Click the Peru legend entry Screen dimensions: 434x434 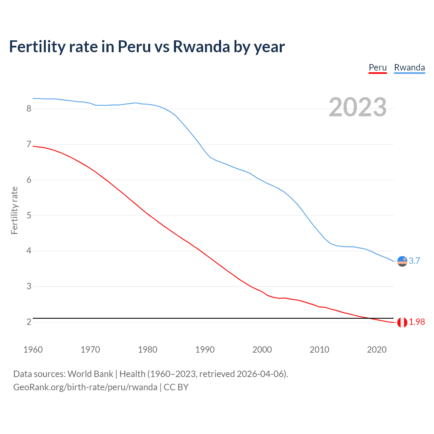[377, 67]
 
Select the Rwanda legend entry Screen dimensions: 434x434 [409, 67]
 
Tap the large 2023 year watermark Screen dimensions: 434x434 [357, 107]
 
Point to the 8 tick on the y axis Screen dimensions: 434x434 [29, 108]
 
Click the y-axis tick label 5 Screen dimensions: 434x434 [29, 215]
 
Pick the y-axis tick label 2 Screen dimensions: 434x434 [29, 322]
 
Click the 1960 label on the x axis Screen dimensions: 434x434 [33, 350]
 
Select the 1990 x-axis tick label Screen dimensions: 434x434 [205, 350]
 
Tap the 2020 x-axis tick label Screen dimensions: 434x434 [377, 350]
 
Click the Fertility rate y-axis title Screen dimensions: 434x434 [14, 210]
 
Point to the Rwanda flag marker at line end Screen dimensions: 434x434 [402, 261]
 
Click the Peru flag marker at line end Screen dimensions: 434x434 [402, 322]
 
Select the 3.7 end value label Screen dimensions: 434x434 [414, 261]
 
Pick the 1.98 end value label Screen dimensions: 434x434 [417, 322]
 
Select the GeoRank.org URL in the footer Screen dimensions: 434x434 [85, 387]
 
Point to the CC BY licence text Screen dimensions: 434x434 [176, 387]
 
